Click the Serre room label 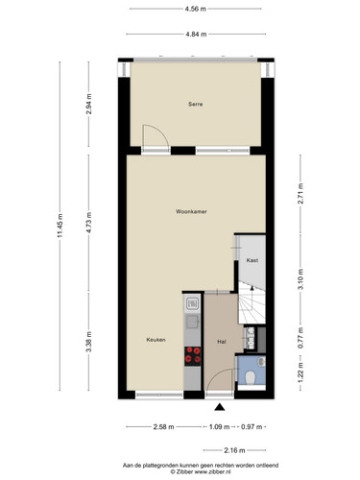coord(195,104)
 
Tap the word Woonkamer coord(191,211)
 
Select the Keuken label coord(156,340)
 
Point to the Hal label coord(222,342)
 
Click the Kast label coord(252,260)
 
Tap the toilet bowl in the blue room coord(250,377)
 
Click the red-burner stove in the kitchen coord(193,356)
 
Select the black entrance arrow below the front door coord(220,407)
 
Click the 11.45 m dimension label coord(60,226)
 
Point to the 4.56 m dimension coord(196,9)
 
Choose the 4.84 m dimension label coord(196,35)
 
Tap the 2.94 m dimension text coord(89,104)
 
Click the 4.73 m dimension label coord(89,223)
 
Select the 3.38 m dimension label coord(89,342)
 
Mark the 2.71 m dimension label coord(300,193)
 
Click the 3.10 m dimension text coord(300,279)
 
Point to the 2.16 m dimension coord(234,450)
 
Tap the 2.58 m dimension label coord(164,427)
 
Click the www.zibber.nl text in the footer coord(212,471)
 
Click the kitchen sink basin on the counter coord(192,321)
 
